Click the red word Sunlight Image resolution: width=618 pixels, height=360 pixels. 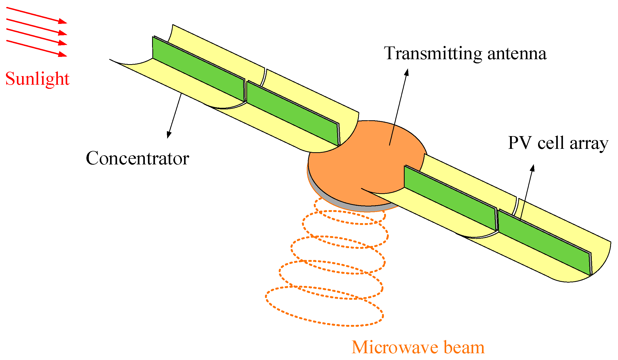37,79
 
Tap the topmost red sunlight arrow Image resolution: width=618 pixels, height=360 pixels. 36,15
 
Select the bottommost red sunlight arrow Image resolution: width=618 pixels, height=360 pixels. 36,48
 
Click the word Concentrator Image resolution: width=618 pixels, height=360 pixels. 137,158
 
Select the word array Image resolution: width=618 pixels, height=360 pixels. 589,144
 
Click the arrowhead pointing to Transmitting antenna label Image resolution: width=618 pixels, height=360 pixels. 407,72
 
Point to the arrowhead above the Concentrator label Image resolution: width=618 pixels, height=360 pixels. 169,135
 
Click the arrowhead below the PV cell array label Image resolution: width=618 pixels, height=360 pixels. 532,168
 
